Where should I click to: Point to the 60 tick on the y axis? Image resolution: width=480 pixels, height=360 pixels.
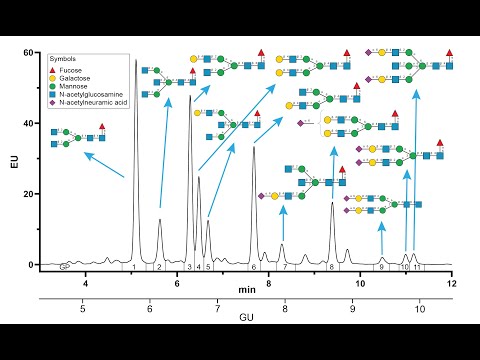(x=27, y=52)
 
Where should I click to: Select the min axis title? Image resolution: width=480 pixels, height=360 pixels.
(x=247, y=289)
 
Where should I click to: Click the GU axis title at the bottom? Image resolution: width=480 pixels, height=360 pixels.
(x=247, y=318)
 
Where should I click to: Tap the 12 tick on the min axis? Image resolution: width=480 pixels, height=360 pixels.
(x=451, y=284)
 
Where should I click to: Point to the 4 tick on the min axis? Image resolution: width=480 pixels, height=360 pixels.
(x=86, y=284)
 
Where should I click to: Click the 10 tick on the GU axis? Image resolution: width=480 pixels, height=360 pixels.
(x=420, y=310)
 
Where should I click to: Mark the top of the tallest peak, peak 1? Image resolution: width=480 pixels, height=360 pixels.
(x=136, y=60)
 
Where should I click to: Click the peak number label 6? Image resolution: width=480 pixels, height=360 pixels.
(x=254, y=268)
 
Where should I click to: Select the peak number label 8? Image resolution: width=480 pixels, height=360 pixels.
(x=331, y=268)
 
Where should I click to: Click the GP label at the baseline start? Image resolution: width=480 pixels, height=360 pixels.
(x=64, y=267)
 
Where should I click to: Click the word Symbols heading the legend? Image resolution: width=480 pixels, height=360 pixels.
(x=65, y=56)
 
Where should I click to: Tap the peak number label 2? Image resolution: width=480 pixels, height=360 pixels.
(x=159, y=268)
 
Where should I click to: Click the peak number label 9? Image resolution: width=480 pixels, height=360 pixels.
(x=382, y=268)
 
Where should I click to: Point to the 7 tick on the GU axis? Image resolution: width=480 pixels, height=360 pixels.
(x=217, y=310)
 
